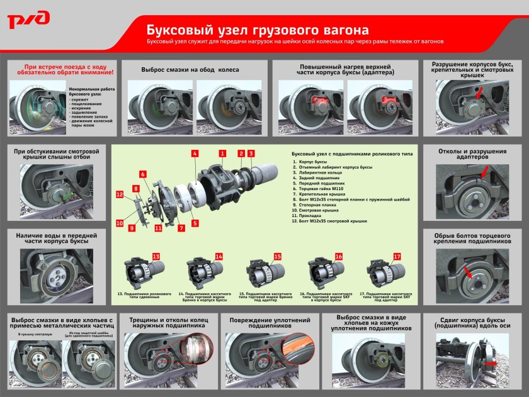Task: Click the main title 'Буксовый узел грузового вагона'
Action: tap(258, 30)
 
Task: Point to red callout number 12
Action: tap(119, 195)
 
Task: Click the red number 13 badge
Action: tap(156, 256)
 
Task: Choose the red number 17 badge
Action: tap(397, 257)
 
